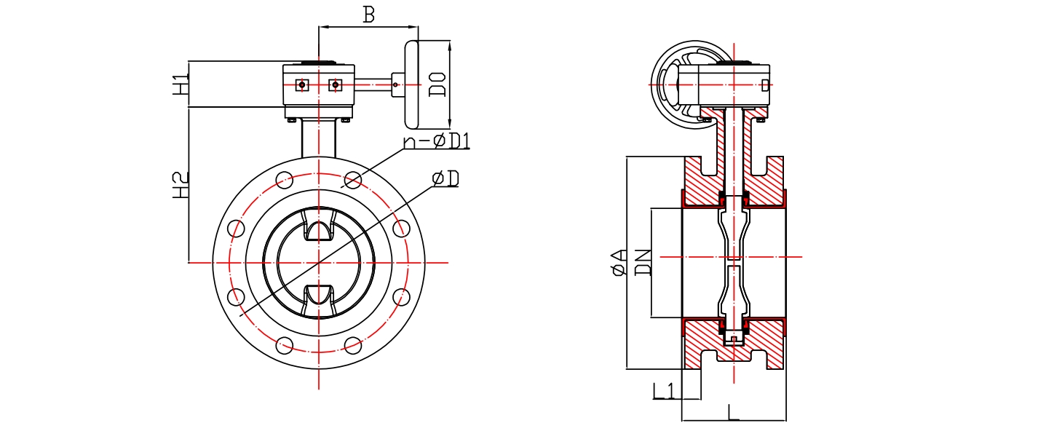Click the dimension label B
pyautogui.click(x=369, y=15)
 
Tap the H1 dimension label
pyautogui.click(x=181, y=84)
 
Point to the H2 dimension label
pyautogui.click(x=181, y=185)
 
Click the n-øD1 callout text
pyautogui.click(x=437, y=140)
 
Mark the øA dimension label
pyautogui.click(x=619, y=262)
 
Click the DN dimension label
pyautogui.click(x=642, y=262)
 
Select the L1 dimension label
pyautogui.click(x=663, y=391)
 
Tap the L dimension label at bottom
pyautogui.click(x=733, y=412)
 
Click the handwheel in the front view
pyautogui.click(x=412, y=84)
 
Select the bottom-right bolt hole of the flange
pyautogui.click(x=353, y=344)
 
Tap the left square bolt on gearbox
pyautogui.click(x=302, y=85)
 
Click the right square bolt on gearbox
pyautogui.click(x=335, y=85)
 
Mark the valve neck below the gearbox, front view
pyautogui.click(x=319, y=138)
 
